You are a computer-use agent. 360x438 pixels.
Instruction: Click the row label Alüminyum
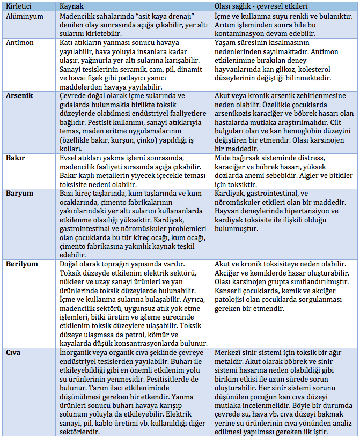tap(24, 17)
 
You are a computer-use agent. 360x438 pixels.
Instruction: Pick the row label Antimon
tap(20, 43)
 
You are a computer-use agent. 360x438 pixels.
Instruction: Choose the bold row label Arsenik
tap(20, 95)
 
